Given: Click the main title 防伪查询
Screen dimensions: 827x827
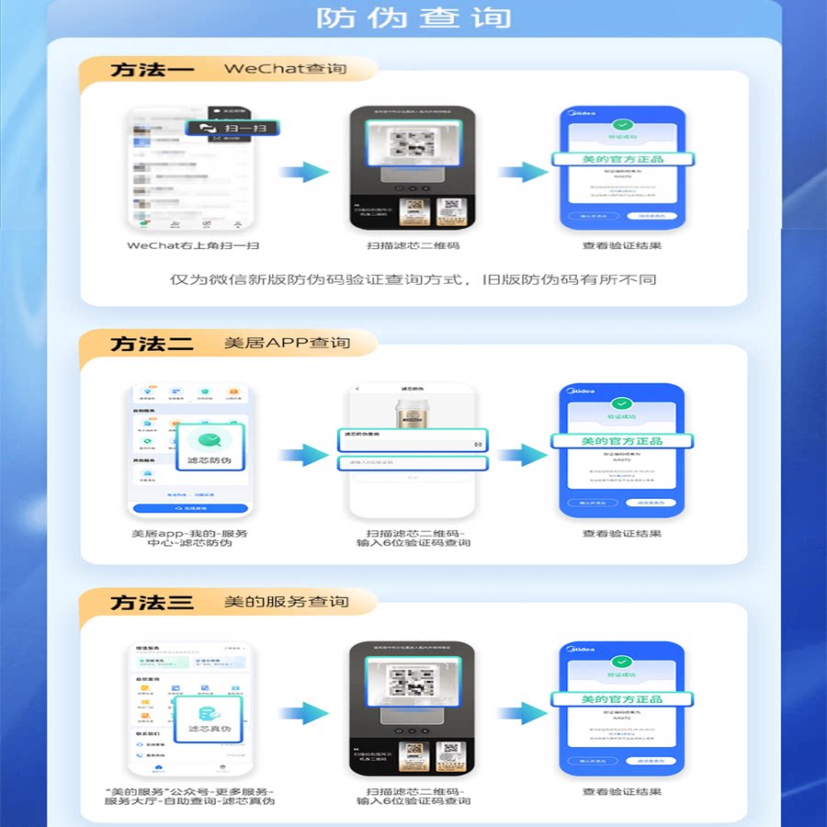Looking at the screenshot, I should [413, 17].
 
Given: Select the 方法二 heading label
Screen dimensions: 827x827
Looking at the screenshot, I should [152, 344].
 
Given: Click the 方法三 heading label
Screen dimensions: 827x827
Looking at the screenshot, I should [152, 603].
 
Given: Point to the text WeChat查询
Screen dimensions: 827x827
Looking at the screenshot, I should [285, 69].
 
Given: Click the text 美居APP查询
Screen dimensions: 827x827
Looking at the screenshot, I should [287, 343].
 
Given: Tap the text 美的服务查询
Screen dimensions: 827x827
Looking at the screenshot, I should [287, 602].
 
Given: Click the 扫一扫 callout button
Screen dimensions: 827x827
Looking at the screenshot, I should [232, 129].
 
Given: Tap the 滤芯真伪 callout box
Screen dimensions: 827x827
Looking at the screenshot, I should [209, 717].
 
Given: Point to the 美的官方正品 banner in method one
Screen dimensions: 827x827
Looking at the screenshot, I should [622, 159].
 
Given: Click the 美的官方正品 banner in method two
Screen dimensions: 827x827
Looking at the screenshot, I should [622, 441].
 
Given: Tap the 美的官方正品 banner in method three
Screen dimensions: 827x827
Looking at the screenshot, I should [622, 699].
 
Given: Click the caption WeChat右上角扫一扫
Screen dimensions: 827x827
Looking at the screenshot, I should [193, 245].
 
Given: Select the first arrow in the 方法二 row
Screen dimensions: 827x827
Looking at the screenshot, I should [303, 454].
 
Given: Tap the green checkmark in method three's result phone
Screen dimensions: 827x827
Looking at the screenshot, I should [622, 661].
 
